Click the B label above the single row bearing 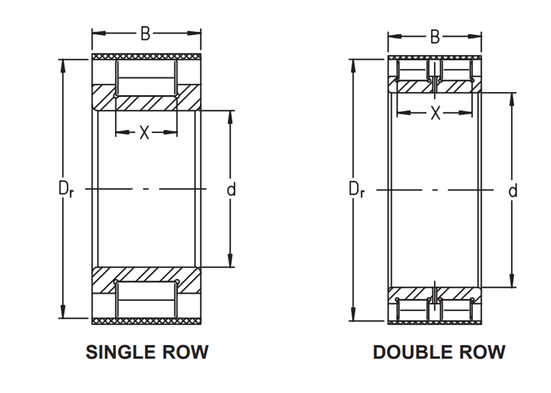[x=145, y=34]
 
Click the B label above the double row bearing [x=435, y=37]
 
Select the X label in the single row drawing [x=144, y=132]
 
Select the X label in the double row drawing [x=435, y=113]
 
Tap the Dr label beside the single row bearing [x=66, y=190]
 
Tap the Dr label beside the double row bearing [x=356, y=190]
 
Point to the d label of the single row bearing [x=231, y=189]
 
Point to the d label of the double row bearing [x=513, y=190]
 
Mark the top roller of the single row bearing [x=146, y=78]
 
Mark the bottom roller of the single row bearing [x=146, y=299]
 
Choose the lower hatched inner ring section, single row [x=146, y=280]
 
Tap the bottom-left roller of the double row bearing [x=413, y=310]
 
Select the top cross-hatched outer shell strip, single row [x=146, y=57]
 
